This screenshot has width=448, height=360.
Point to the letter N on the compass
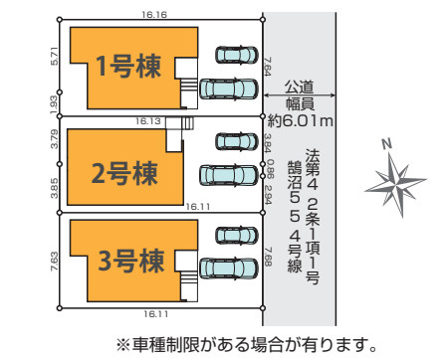coord(387,144)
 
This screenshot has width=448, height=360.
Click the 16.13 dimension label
coord(148,120)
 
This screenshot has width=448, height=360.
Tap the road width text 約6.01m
coord(301,120)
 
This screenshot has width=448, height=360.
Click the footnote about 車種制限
coord(247,346)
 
